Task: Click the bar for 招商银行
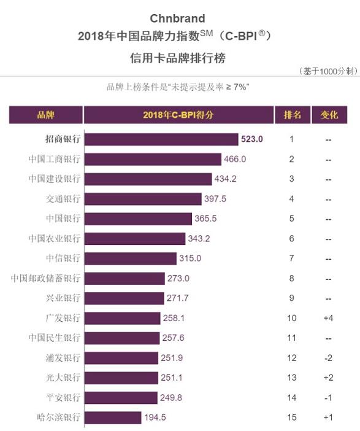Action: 161,139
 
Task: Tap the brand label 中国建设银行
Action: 55,179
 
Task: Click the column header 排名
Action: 292,115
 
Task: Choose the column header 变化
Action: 329,115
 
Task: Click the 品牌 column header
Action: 46,115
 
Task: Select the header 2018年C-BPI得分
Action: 178,115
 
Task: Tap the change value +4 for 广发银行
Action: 329,318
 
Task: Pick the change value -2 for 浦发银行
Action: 329,357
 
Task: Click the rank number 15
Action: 292,417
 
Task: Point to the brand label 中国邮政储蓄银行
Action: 46,278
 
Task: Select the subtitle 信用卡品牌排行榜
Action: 177,58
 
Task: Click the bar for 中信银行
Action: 130,258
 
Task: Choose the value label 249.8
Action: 174,397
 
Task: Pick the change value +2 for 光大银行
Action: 329,378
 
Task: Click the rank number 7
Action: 292,258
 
